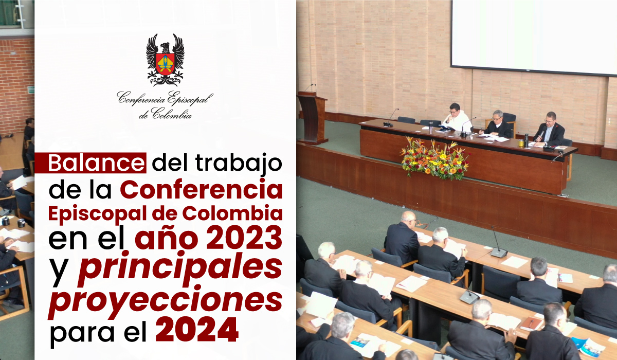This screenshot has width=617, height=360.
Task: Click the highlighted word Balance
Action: pyautogui.click(x=96, y=163)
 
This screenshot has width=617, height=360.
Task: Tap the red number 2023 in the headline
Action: pyautogui.click(x=244, y=237)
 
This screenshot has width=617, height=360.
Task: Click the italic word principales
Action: pyautogui.click(x=180, y=268)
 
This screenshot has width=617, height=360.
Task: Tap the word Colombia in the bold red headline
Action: pyautogui.click(x=232, y=213)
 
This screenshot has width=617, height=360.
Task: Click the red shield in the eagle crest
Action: pyautogui.click(x=165, y=64)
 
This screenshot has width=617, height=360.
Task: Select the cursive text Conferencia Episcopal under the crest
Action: pyautogui.click(x=165, y=98)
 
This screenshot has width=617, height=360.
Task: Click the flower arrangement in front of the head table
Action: pyautogui.click(x=434, y=159)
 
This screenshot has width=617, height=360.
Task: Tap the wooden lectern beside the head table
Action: pyautogui.click(x=312, y=117)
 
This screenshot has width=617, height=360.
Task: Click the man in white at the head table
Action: pyautogui.click(x=457, y=118)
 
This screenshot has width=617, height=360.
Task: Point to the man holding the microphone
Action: pyautogui.click(x=549, y=130)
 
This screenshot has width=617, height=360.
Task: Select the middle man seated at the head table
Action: pyautogui.click(x=498, y=124)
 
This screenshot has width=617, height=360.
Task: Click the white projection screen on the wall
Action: pyautogui.click(x=534, y=37)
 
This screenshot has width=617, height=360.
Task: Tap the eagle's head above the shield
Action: pyautogui.click(x=165, y=47)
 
